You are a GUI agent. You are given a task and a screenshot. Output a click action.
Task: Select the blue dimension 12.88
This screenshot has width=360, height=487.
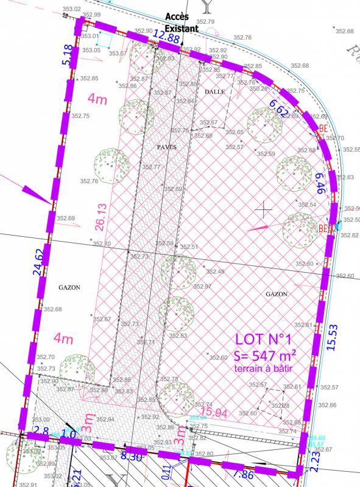(x=166, y=38)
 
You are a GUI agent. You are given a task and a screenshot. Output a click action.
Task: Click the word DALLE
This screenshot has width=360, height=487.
(x=214, y=91)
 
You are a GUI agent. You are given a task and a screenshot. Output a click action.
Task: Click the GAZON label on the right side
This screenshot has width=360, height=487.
(x=277, y=293)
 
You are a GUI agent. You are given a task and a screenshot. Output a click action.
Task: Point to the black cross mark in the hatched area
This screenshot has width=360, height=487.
(x=264, y=211)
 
